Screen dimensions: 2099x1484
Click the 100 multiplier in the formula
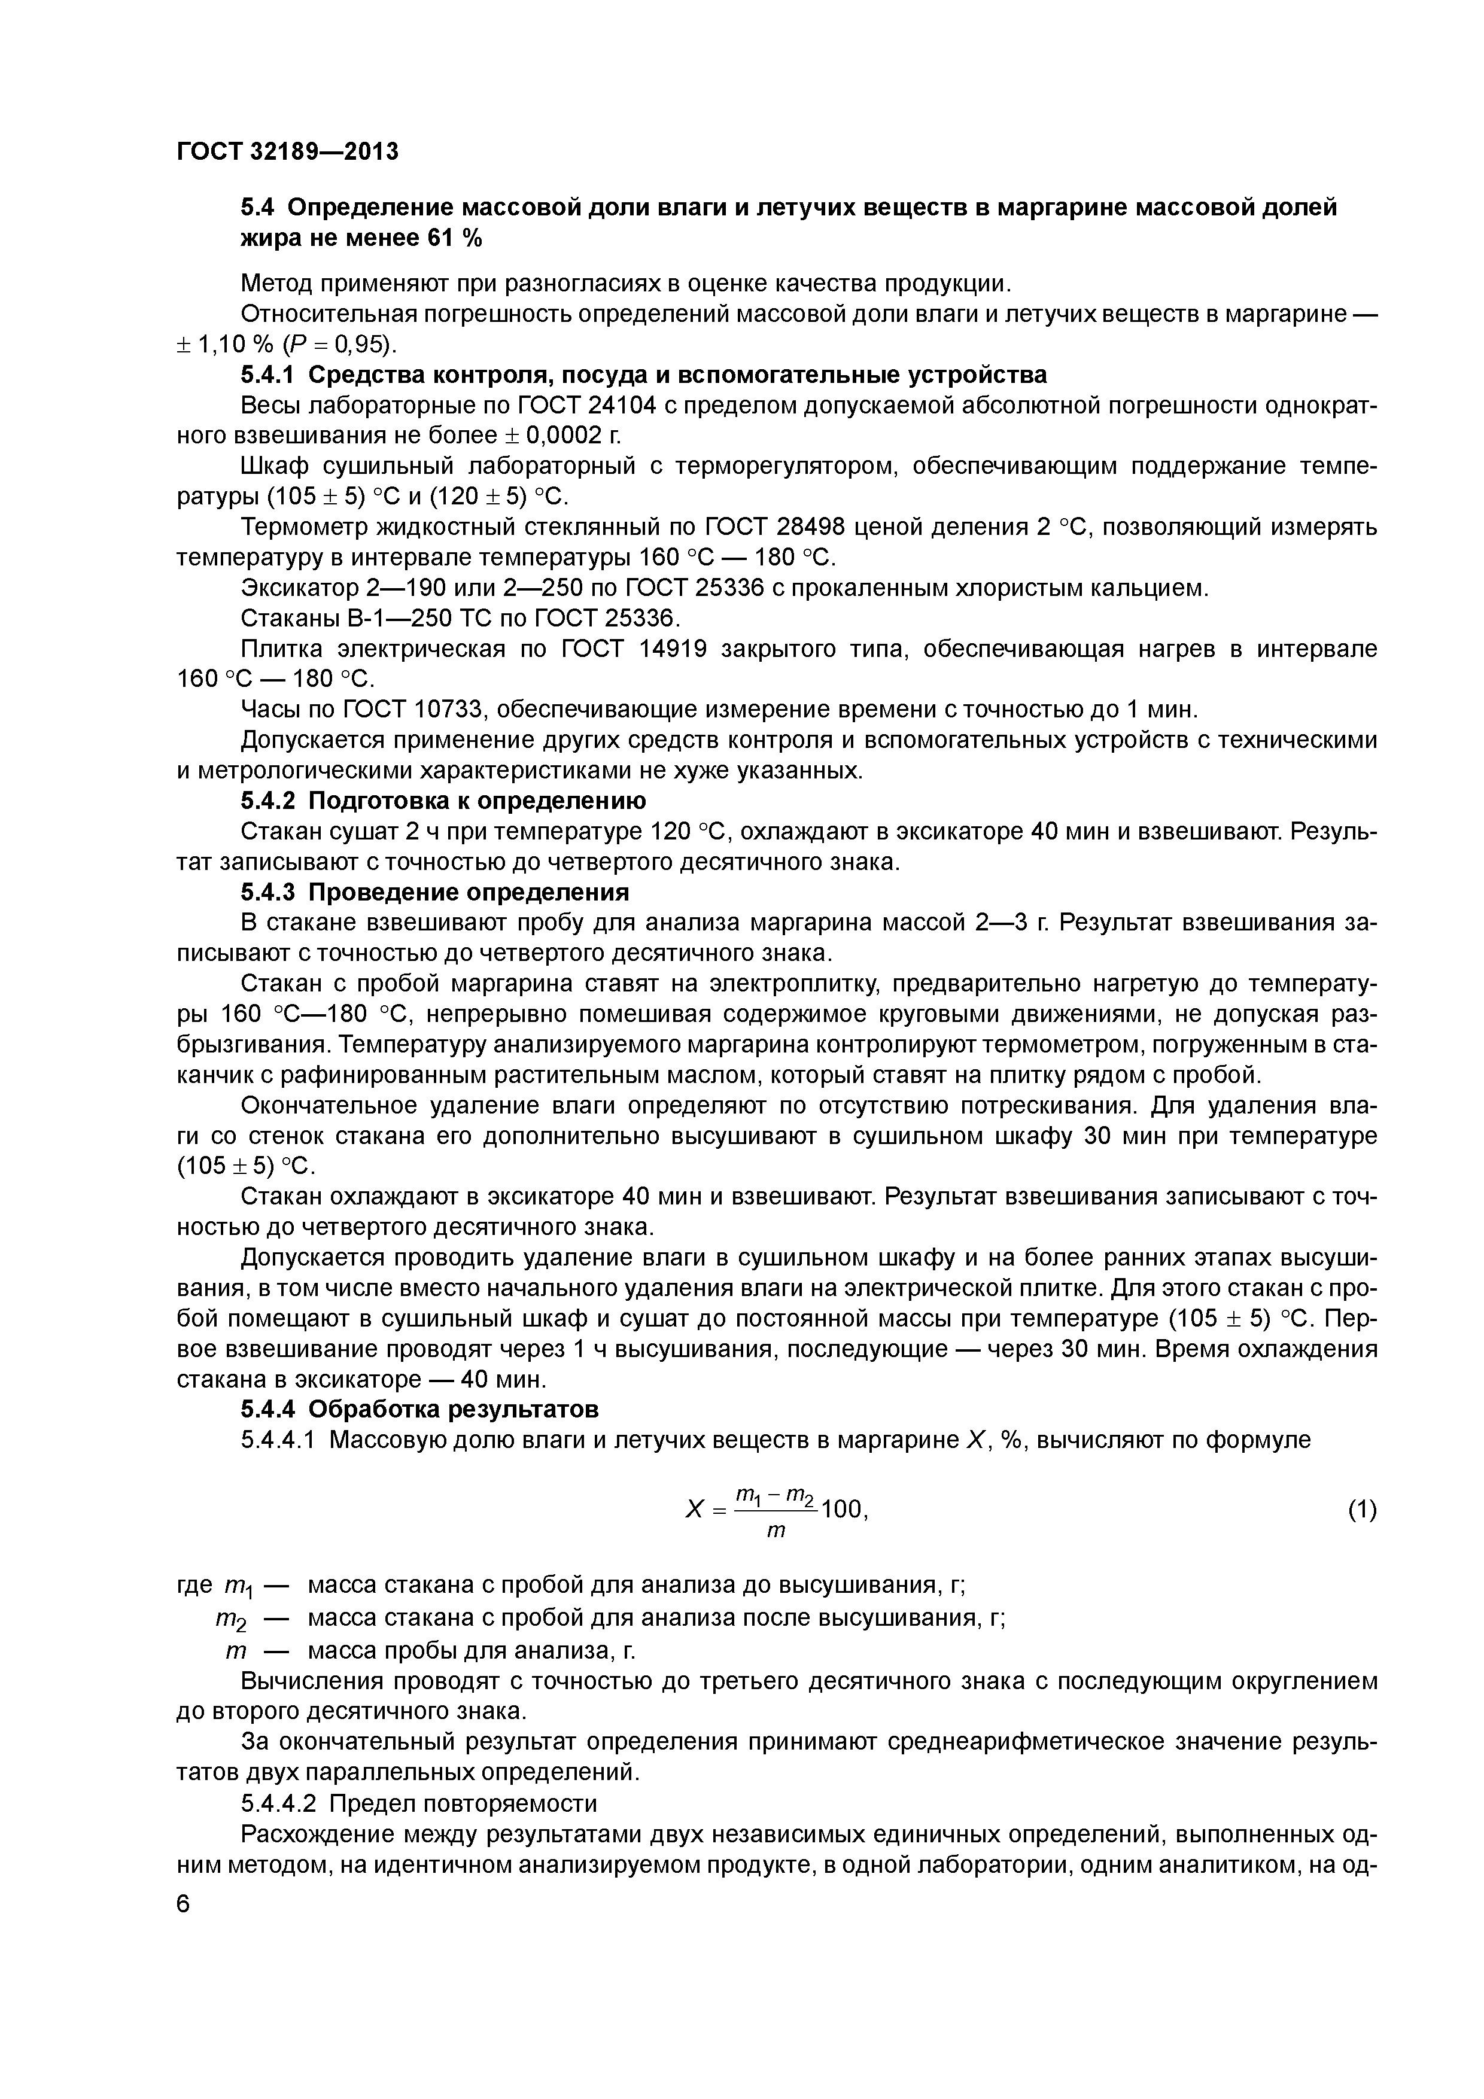(x=842, y=1510)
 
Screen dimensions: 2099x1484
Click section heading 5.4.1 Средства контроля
(x=644, y=375)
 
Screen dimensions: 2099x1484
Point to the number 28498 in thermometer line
(x=819, y=528)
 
